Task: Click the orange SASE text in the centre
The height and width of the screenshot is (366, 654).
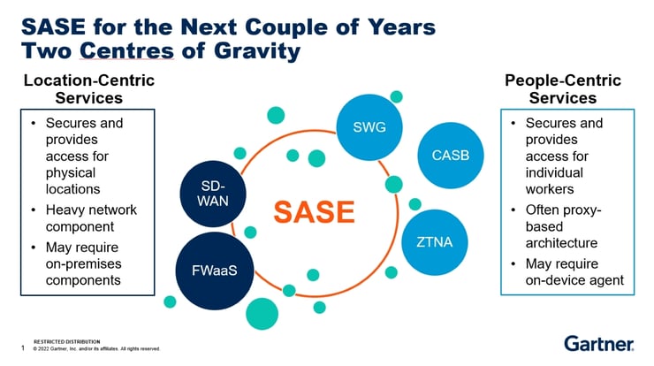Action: [313, 212]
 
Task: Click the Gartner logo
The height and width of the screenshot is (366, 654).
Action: [598, 343]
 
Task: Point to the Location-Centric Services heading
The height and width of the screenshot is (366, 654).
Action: [88, 89]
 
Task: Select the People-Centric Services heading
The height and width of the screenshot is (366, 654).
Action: [562, 89]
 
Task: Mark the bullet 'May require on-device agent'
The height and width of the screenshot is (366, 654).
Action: [574, 272]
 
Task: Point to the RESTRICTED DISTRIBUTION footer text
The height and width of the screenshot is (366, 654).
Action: [66, 340]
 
